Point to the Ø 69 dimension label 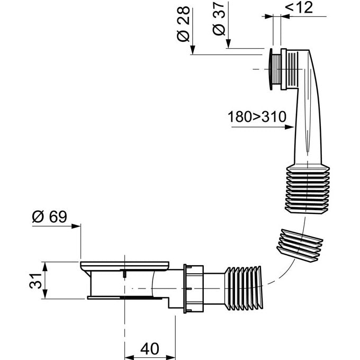[52, 217]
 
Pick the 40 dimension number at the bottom [150, 349]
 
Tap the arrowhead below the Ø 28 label [194, 51]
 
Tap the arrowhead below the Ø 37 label [228, 45]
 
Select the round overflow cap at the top [275, 69]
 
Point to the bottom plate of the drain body [124, 298]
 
